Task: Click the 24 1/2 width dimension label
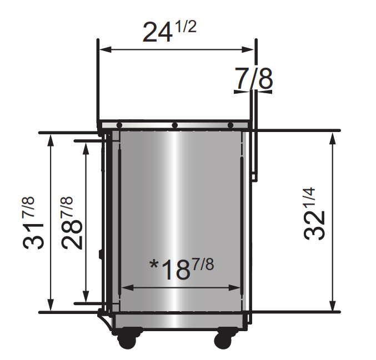click(x=169, y=32)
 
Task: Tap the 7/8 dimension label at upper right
click(x=254, y=78)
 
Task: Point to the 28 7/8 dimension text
click(x=71, y=223)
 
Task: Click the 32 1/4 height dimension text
click(x=314, y=214)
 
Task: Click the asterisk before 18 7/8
click(x=153, y=265)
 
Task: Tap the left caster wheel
click(x=127, y=340)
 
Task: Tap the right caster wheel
click(x=223, y=340)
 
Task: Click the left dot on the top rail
click(x=119, y=125)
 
